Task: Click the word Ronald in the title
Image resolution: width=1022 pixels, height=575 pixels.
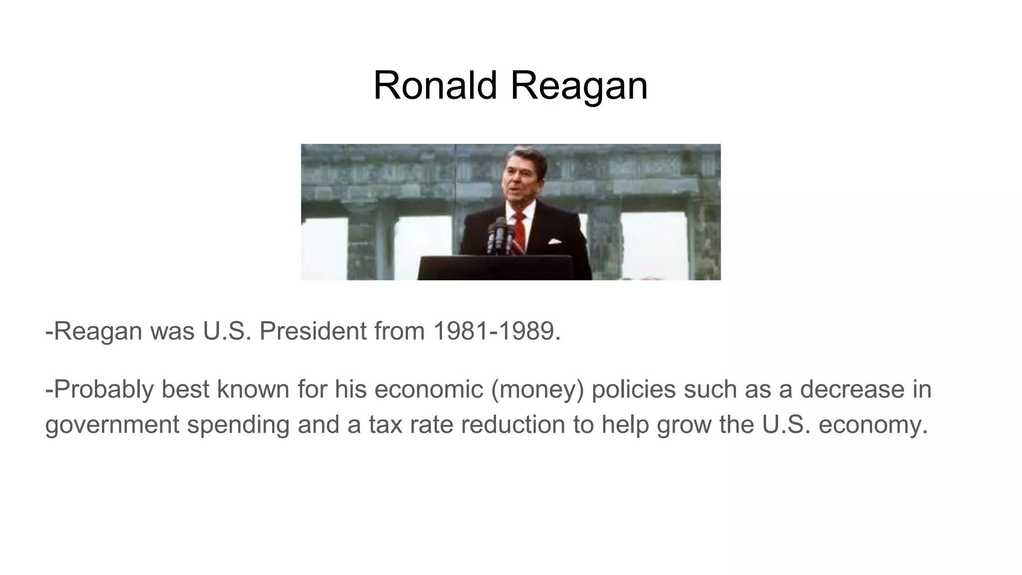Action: click(435, 85)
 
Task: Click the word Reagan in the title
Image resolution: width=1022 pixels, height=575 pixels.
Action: click(578, 85)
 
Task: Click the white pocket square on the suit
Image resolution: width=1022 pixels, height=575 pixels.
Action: click(554, 242)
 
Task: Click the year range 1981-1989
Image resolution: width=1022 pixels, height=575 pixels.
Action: click(497, 331)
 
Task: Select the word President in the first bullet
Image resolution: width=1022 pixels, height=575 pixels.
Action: click(313, 331)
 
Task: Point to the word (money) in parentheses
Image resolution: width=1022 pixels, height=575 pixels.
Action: click(537, 389)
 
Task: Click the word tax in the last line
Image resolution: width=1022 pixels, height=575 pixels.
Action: click(385, 425)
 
